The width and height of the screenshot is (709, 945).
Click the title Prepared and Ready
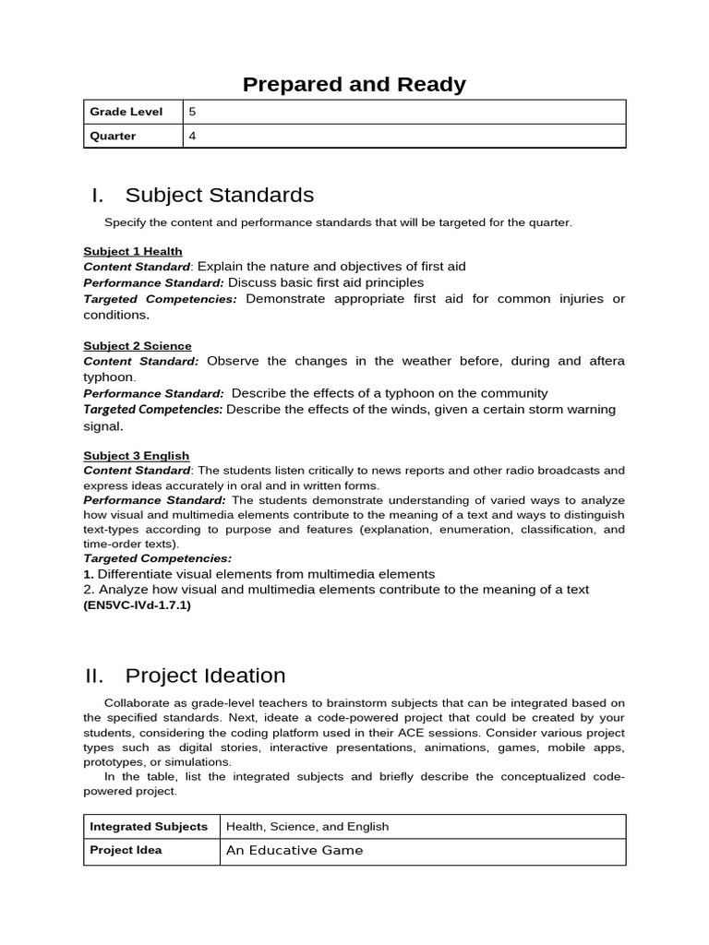click(354, 85)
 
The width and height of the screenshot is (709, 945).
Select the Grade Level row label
click(126, 112)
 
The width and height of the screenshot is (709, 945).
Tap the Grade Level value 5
click(192, 112)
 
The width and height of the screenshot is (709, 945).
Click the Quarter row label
click(113, 136)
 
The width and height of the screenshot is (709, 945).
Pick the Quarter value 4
click(192, 136)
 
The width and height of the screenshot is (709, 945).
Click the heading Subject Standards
click(219, 195)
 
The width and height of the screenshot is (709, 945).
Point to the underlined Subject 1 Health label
click(132, 251)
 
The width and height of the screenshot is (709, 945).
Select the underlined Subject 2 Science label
click(138, 345)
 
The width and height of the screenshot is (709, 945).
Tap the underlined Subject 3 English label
click(136, 455)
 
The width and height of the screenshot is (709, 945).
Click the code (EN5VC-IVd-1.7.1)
click(137, 605)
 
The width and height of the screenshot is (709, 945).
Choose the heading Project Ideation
click(205, 676)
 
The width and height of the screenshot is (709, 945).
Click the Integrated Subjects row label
click(148, 826)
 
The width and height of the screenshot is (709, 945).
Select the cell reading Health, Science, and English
click(307, 826)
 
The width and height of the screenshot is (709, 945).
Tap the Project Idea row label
click(126, 850)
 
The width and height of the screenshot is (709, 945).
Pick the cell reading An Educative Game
click(294, 850)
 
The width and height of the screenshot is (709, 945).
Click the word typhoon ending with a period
click(110, 377)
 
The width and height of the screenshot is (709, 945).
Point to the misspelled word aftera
click(605, 361)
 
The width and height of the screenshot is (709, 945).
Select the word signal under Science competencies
click(102, 426)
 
